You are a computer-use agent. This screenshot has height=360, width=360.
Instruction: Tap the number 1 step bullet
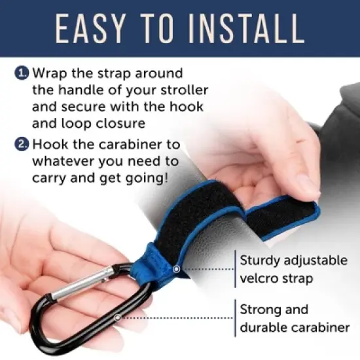point(22,73)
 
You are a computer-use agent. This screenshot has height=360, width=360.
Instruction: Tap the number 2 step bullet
point(22,145)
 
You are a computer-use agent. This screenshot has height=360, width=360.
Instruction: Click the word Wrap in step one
point(50,73)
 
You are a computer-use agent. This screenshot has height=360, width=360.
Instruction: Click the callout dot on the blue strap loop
point(176,269)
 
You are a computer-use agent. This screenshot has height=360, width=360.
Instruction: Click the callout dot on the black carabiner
point(117,317)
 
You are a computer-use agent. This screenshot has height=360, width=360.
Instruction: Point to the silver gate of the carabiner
point(79,288)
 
